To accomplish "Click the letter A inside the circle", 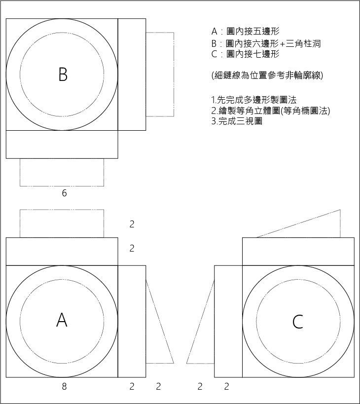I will (62, 320).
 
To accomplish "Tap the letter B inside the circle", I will (63, 74).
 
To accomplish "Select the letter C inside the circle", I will (297, 322).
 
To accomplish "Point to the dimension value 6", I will (64, 193).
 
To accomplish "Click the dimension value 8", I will (64, 387).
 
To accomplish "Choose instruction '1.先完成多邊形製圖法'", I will (253, 100).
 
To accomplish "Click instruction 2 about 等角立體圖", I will (270, 110).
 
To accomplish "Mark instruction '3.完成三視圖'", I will (236, 121).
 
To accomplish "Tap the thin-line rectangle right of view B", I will (160, 74).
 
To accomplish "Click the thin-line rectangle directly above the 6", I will (62, 172).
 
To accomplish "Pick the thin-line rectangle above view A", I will (62, 223).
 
